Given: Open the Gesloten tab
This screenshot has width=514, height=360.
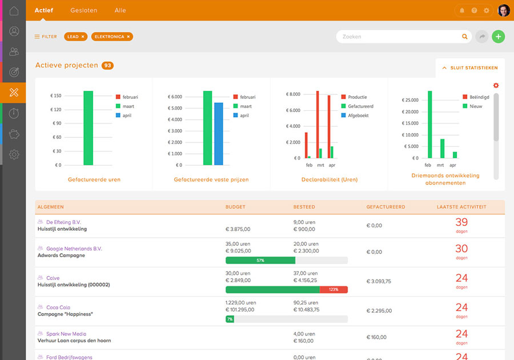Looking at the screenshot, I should [83, 10].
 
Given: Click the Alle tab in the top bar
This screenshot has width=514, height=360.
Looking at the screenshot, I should [120, 10].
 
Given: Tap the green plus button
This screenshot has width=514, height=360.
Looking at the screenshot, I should [498, 37].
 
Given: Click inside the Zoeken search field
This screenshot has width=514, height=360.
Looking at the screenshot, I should [400, 37].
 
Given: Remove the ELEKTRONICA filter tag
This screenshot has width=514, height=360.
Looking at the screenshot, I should [128, 37].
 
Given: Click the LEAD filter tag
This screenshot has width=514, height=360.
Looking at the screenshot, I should [73, 37].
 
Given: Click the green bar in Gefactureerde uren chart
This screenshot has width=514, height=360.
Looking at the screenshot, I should [88, 128].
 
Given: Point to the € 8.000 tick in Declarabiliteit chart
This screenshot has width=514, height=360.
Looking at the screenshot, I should [292, 94].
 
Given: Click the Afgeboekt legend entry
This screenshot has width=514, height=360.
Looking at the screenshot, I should [358, 115].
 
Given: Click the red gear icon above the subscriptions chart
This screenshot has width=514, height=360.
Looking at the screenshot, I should [496, 86].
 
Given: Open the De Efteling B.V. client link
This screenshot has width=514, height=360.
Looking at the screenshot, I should [64, 222].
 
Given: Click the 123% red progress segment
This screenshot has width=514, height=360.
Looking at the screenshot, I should [334, 290].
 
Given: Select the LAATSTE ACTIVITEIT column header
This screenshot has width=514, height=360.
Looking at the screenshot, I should [461, 207].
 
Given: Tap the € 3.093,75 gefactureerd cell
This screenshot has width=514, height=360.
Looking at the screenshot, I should [379, 281].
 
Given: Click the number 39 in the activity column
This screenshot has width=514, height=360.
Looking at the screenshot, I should [461, 222].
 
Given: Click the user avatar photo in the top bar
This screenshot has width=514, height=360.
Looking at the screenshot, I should [504, 10].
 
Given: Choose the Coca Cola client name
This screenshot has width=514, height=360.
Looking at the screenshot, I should [58, 307].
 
